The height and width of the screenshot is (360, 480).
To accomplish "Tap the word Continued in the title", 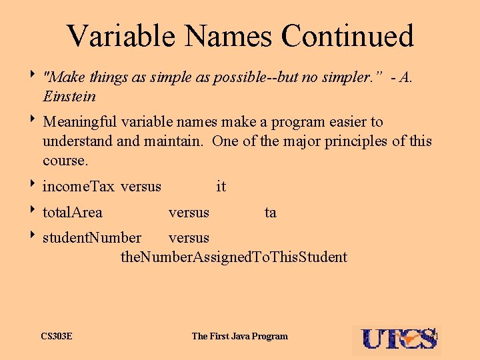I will coord(347,36).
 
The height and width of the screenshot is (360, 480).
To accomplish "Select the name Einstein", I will coord(69,97).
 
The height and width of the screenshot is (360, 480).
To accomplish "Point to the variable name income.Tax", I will coord(79,187).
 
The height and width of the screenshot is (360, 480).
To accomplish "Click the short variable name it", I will coord(221,187).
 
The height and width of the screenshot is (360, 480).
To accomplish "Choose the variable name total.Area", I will coord(73,213).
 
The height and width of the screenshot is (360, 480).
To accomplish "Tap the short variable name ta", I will coord(270,213).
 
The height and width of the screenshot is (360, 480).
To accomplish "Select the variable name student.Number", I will coord(92,238).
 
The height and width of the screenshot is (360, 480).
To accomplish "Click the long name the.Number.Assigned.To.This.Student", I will coord(234,257).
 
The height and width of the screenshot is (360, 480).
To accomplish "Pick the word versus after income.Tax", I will coord(141,187).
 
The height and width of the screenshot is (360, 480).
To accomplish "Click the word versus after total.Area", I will coord(189,213).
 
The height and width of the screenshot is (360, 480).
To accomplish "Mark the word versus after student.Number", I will coord(189,238).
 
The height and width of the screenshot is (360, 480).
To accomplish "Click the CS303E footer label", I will coord(57,336).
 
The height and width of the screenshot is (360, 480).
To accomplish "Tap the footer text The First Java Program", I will coord(240,336).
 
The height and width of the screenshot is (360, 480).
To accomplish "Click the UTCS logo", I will coord(399,339).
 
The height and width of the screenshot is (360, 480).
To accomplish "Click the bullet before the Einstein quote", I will coord(33,77).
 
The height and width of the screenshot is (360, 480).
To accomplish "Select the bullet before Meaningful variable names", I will coord(33,122).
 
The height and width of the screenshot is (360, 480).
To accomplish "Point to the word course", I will coord(65,161).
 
